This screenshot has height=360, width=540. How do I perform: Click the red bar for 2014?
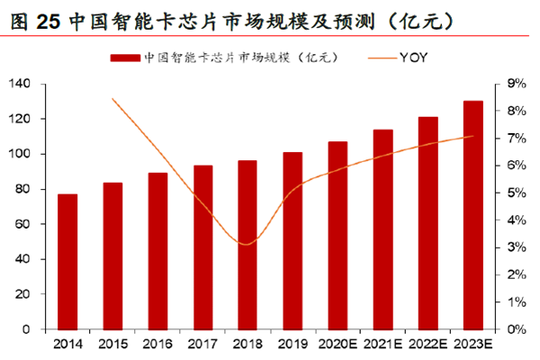click(67, 262)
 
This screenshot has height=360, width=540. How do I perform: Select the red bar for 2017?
click(203, 247)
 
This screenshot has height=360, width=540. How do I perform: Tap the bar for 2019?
click(293, 241)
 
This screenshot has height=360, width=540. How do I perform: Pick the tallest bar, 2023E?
click(473, 215)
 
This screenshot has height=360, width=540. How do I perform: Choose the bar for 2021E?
click(383, 229)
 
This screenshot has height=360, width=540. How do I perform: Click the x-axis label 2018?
click(248, 343)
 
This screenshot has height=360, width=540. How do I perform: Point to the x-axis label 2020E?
click(338, 343)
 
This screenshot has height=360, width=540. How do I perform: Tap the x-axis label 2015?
click(113, 343)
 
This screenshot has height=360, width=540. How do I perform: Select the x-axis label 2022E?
click(428, 343)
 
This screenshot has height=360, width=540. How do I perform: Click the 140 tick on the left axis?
click(21, 84)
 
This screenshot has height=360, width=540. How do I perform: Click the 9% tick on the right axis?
click(517, 84)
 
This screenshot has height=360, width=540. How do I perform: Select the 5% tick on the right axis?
click(517, 193)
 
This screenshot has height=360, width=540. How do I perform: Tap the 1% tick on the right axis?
click(517, 302)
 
